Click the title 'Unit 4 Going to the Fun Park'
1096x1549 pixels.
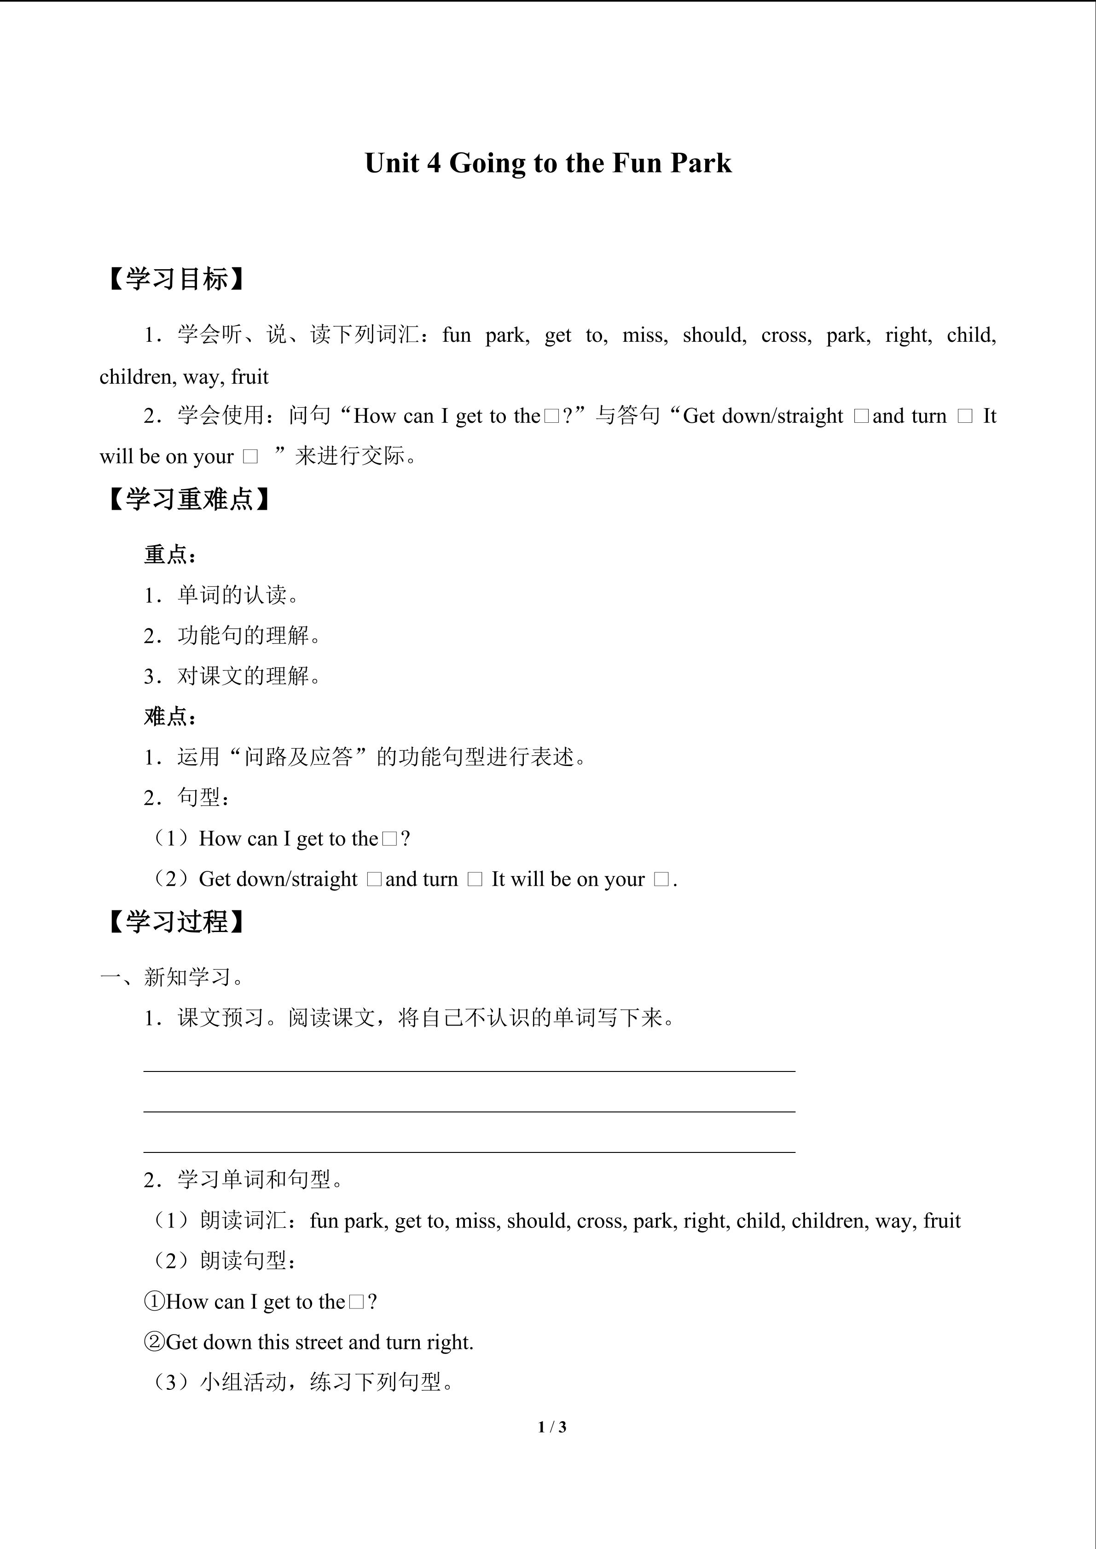[x=548, y=163]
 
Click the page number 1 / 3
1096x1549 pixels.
[x=552, y=1427]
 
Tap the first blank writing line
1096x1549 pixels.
[x=469, y=1070]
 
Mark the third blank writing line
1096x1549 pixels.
[x=469, y=1152]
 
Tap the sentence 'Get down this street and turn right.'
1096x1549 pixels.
[x=319, y=1342]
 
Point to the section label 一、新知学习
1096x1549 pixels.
[x=174, y=976]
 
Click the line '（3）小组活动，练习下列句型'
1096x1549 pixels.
[x=301, y=1382]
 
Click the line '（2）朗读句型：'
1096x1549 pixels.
[x=223, y=1260]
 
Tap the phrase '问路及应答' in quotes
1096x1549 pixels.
[x=298, y=757]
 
